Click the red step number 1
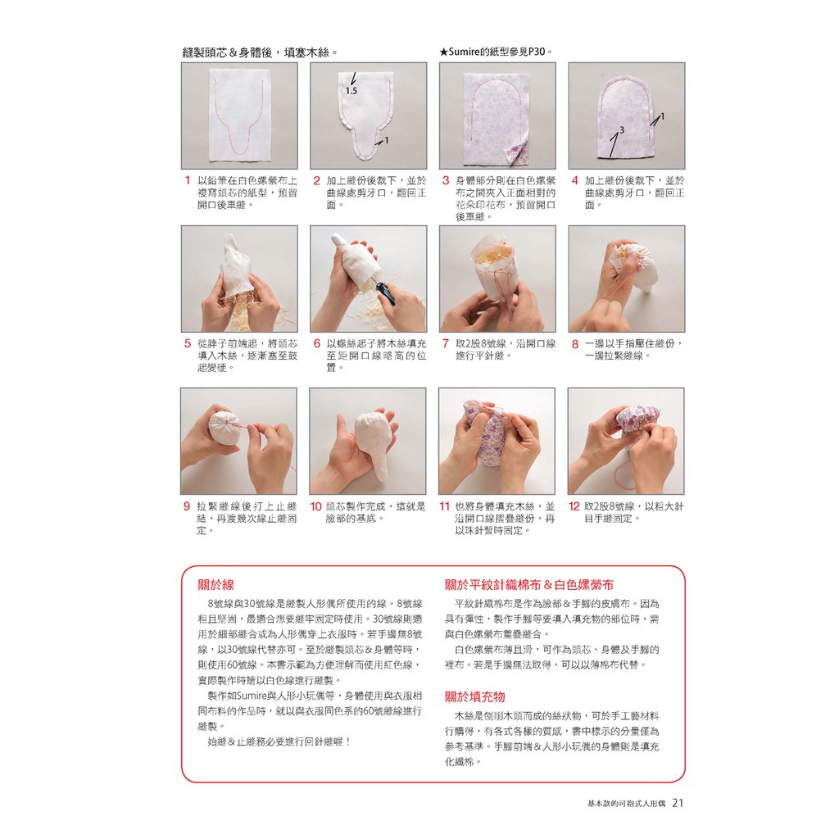pyautogui.click(x=188, y=180)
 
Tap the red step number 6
pyautogui.click(x=317, y=343)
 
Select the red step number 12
pyautogui.click(x=574, y=506)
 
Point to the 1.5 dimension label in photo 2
pyautogui.click(x=351, y=91)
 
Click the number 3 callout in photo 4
pyautogui.click(x=621, y=129)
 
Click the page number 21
pyautogui.click(x=678, y=803)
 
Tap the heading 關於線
pyautogui.click(x=215, y=585)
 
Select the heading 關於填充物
pyautogui.click(x=475, y=696)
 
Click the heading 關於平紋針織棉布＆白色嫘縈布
pyautogui.click(x=529, y=585)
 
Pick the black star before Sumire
pyautogui.click(x=443, y=52)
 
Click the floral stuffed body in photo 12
pyautogui.click(x=636, y=424)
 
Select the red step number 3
pyautogui.click(x=446, y=180)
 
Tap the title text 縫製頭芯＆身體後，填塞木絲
pyautogui.click(x=260, y=52)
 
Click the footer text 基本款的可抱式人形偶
pyautogui.click(x=626, y=803)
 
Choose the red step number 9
pyautogui.click(x=187, y=506)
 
